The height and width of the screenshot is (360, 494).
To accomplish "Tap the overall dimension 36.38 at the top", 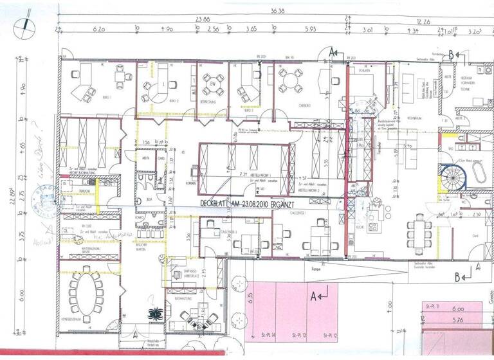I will [277, 11].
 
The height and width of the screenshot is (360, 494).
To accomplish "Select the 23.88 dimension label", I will [204, 20].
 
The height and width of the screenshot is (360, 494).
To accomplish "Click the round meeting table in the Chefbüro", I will [290, 80].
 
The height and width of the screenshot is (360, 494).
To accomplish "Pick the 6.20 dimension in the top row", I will [98, 30].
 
